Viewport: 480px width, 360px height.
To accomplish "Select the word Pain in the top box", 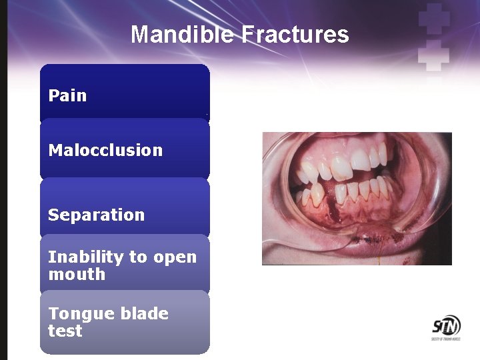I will [x=67, y=95].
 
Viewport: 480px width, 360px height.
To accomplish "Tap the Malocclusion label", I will [x=105, y=150].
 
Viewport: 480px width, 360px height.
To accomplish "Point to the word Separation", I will [x=96, y=215].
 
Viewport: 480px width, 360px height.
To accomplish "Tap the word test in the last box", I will [x=65, y=331].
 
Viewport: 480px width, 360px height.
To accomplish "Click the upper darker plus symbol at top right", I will [x=434, y=19].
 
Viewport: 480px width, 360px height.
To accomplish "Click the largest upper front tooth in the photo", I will [x=341, y=161].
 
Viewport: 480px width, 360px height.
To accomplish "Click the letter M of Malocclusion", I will [x=55, y=150].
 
